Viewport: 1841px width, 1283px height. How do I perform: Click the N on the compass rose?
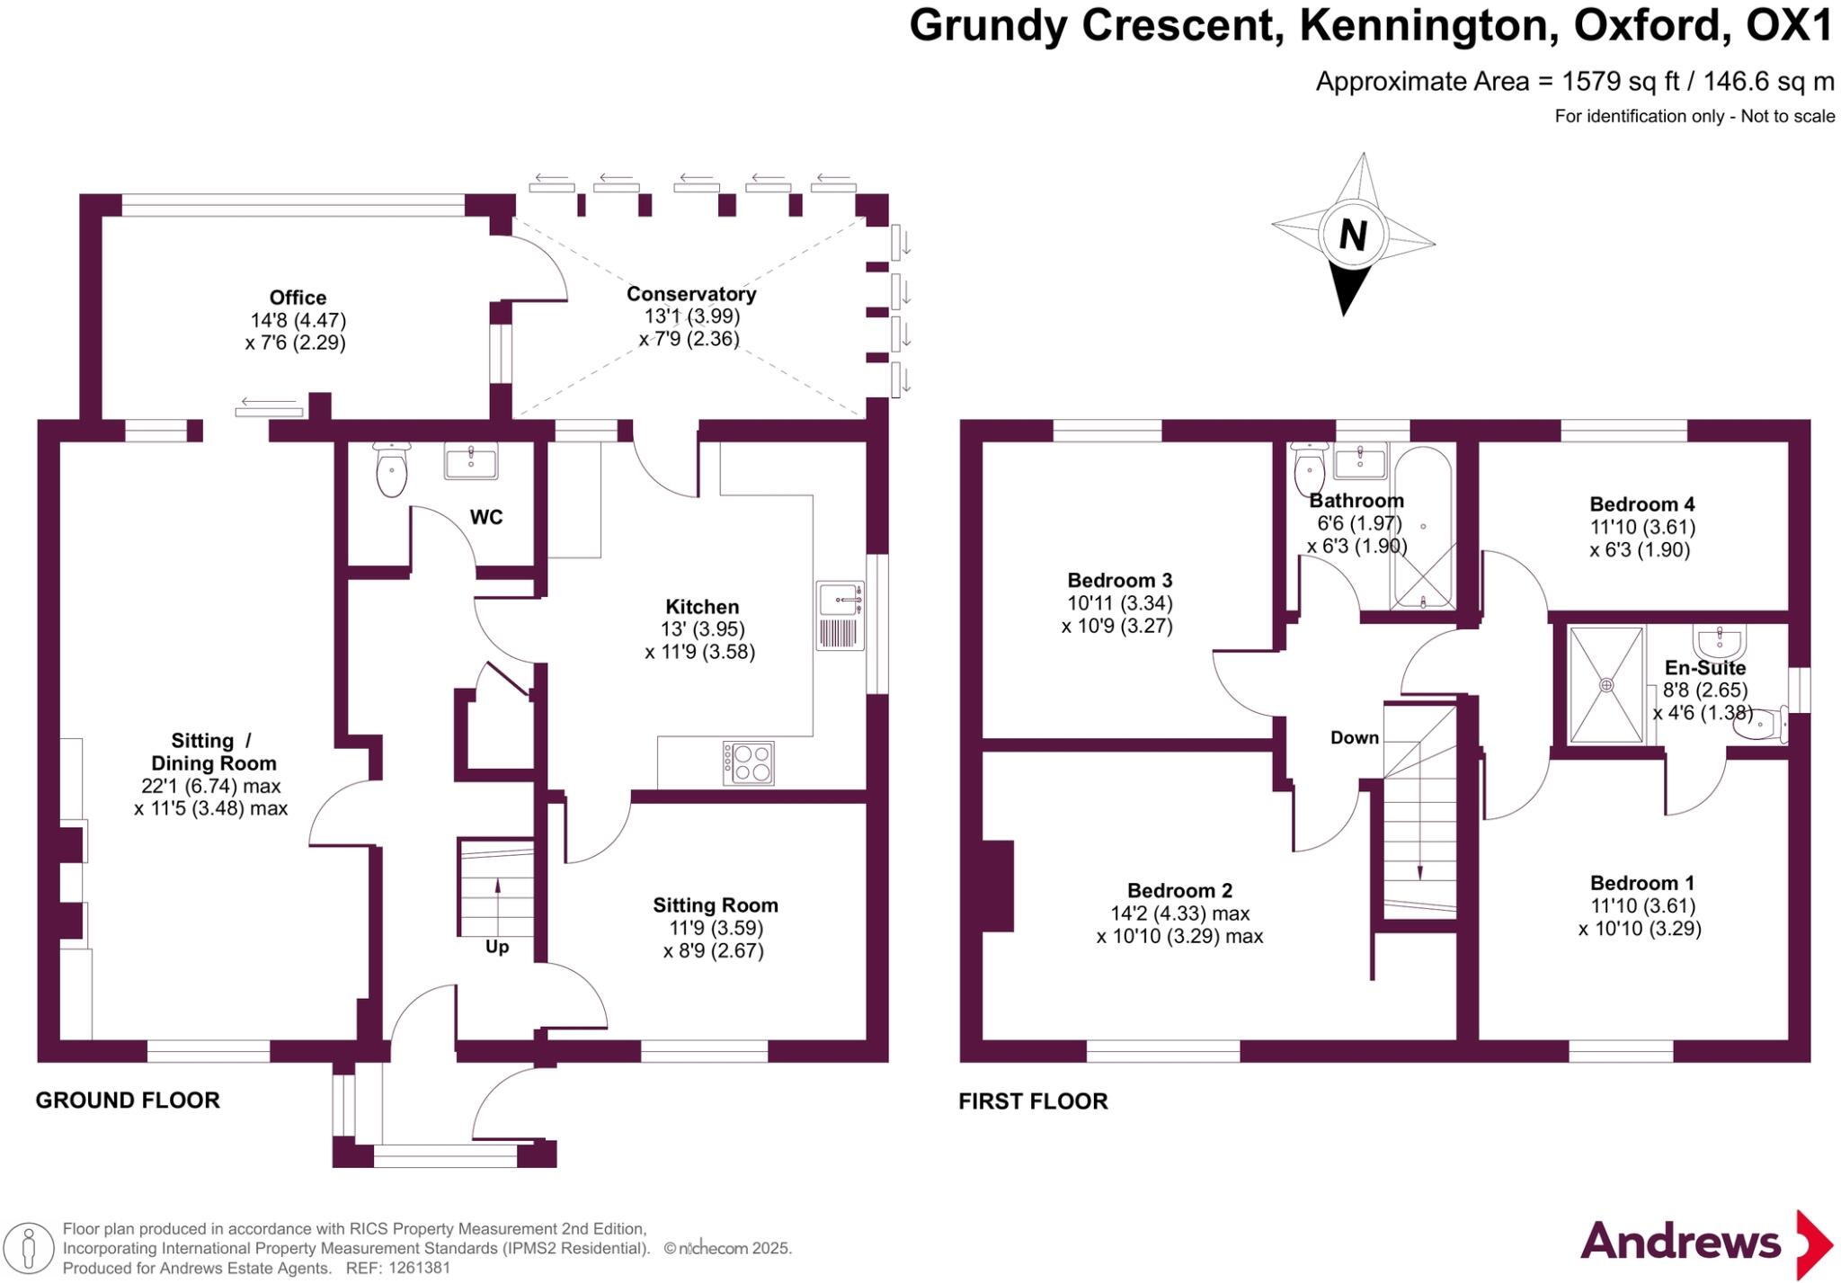[1353, 236]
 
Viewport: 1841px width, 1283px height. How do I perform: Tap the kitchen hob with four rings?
[749, 763]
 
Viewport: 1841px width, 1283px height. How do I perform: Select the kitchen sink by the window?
[840, 616]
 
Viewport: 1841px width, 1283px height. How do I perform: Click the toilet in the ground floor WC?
[392, 468]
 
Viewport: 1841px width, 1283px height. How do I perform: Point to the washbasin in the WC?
[471, 462]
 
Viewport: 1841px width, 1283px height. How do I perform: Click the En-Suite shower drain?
[1606, 685]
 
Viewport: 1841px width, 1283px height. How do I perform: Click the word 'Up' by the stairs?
[497, 947]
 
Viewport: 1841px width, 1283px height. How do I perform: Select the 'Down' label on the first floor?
[1355, 738]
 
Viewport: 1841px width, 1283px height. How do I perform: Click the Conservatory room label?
[691, 294]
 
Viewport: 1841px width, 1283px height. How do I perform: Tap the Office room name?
[298, 298]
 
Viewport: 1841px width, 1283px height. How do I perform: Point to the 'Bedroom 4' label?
[1641, 504]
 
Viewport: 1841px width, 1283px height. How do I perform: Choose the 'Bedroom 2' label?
[1179, 891]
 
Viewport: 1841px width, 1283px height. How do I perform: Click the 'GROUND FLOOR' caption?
[128, 1100]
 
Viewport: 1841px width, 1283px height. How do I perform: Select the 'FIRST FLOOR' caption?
[1033, 1101]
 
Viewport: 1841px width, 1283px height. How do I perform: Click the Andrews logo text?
[1680, 1242]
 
